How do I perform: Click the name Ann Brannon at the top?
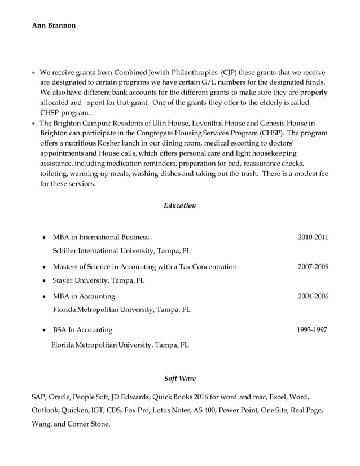point(54,25)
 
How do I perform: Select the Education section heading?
point(179,205)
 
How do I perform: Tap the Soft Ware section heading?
point(179,379)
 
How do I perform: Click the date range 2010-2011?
point(313,237)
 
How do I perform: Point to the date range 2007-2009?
point(313,266)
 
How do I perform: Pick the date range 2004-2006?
point(313,296)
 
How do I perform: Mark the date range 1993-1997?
point(312,330)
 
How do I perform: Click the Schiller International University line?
point(121,250)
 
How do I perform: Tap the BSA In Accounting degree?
point(82,330)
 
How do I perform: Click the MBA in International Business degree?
point(100,237)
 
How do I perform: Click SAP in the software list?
point(38,397)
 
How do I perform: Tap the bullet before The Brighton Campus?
point(34,124)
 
